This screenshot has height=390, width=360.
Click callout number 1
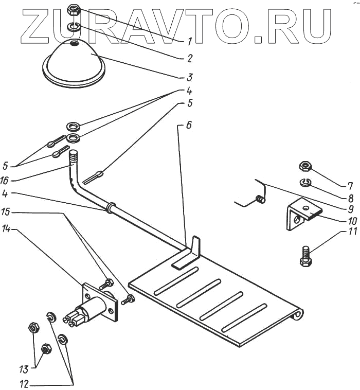point(190,40)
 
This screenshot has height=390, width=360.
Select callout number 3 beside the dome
point(190,78)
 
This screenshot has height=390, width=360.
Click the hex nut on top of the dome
point(74,10)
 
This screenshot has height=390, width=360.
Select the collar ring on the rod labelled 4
point(109,207)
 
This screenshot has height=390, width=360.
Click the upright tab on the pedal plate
point(194,245)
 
